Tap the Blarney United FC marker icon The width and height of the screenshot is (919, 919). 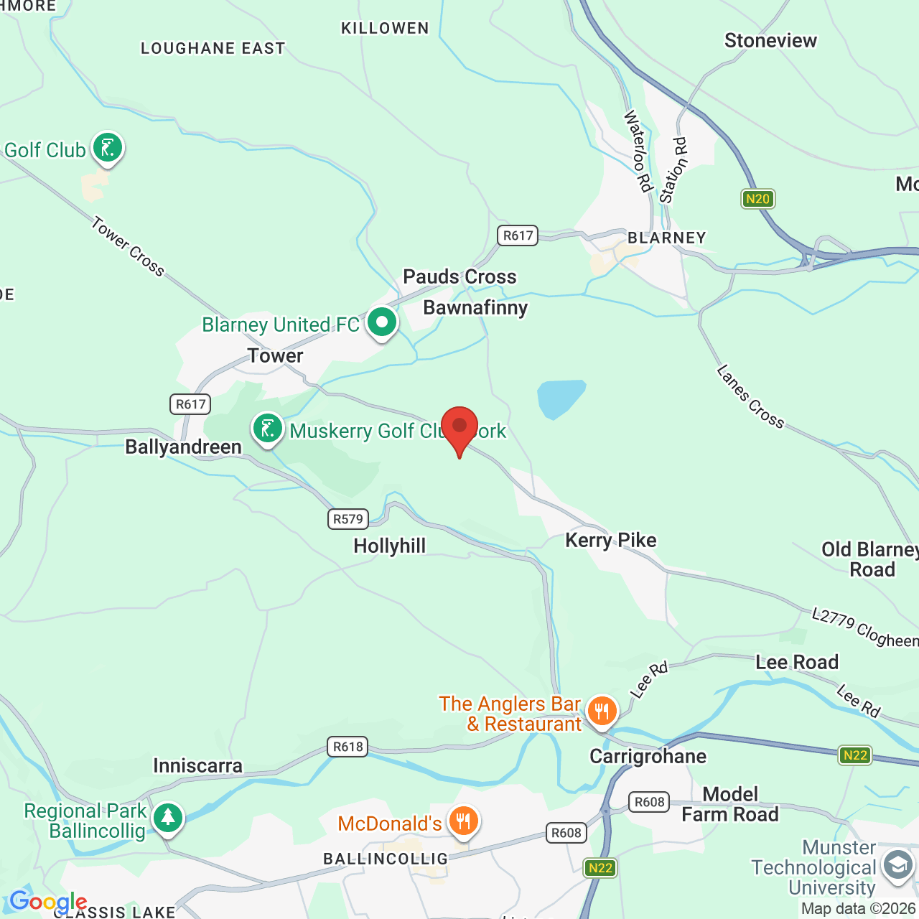click(x=382, y=322)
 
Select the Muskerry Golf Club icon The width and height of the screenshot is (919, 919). click(x=267, y=429)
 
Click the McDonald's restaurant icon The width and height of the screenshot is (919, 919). click(x=464, y=820)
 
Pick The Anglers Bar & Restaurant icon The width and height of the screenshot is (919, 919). click(x=602, y=712)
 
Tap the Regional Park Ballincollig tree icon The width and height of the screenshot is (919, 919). click(x=168, y=817)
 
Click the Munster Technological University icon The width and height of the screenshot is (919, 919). click(x=897, y=864)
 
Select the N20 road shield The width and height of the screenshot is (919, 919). click(x=757, y=199)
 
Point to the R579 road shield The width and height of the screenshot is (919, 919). click(x=348, y=518)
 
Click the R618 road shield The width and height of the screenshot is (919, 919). click(x=348, y=747)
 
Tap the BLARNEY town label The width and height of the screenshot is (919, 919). click(x=667, y=238)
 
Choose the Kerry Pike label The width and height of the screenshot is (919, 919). click(x=610, y=540)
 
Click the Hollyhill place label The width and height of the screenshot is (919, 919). click(x=390, y=546)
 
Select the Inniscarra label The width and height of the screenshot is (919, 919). click(x=197, y=765)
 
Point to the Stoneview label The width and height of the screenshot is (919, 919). click(x=770, y=40)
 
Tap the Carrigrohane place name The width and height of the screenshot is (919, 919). click(x=648, y=756)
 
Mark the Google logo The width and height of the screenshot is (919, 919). click(x=48, y=902)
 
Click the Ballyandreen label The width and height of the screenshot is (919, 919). click(x=183, y=447)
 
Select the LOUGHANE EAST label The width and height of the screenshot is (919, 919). click(x=213, y=48)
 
